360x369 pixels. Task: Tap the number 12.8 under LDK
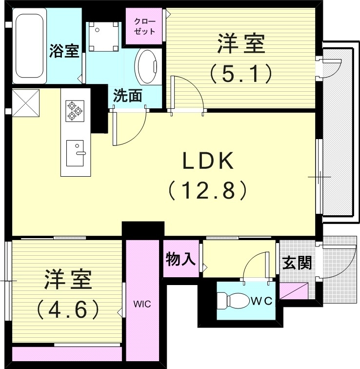pos(209,189)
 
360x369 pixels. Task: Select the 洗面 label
pos(128,96)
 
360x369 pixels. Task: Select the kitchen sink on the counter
pos(76,152)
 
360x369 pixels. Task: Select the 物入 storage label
pos(180,259)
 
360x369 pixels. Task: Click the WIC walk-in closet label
pos(143,304)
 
